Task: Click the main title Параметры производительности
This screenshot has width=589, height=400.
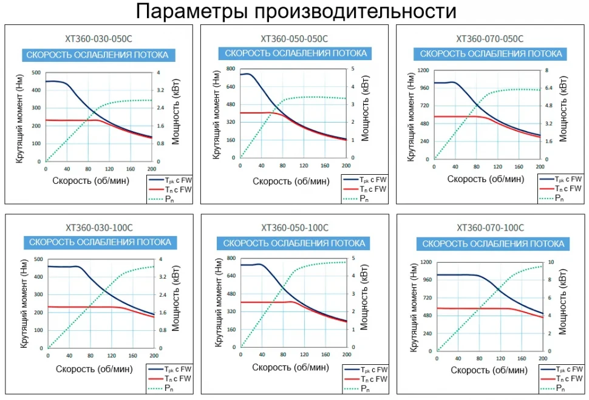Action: tap(294, 11)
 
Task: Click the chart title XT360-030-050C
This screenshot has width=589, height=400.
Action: tap(100, 38)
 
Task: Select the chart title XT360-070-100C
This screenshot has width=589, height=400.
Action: tap(490, 228)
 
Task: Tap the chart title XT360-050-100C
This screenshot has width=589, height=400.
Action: tap(294, 228)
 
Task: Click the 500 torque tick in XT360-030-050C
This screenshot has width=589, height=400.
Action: tap(37, 73)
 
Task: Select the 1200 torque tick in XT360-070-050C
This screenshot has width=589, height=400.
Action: tap(423, 70)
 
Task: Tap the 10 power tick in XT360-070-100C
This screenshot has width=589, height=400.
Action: tap(551, 262)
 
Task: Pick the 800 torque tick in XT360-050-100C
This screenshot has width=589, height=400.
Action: tap(230, 258)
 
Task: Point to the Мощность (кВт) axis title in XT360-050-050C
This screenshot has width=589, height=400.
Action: tap(366, 113)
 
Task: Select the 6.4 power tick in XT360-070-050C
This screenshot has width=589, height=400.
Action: tap(551, 88)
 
